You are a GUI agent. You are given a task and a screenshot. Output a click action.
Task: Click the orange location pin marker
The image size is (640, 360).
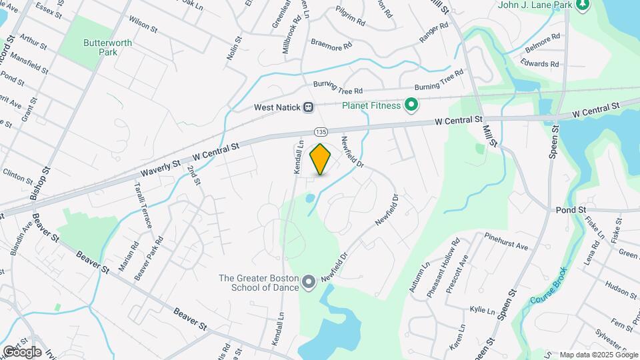(321, 159)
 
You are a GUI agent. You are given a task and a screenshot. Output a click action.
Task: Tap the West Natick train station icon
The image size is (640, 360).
(309, 107)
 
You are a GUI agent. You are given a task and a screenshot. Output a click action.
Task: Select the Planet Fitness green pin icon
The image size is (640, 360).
(412, 105)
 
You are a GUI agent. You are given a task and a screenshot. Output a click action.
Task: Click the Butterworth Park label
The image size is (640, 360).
(107, 47)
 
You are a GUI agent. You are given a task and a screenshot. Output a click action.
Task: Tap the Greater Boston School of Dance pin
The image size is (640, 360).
(309, 283)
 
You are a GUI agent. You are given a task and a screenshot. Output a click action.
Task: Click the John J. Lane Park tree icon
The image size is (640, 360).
(583, 5)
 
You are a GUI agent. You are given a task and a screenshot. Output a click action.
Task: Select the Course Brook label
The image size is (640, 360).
(549, 286)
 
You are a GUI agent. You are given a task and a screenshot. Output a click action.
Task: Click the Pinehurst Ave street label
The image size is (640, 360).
(506, 241)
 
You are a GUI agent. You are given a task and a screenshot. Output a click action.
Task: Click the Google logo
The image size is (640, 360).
(22, 351)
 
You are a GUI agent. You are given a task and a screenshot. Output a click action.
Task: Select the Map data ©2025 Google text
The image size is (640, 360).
(597, 355)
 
